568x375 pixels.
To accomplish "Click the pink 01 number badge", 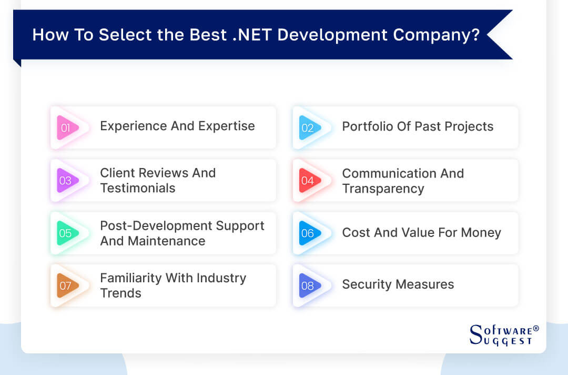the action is [67, 127].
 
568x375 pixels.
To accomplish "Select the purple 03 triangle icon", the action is [67, 180].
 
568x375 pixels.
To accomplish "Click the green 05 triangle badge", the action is [67, 233].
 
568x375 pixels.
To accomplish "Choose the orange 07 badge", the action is [67, 285].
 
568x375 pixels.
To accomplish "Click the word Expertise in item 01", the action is [226, 126].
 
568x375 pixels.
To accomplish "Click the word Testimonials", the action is [138, 188].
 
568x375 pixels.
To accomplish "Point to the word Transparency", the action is [383, 189].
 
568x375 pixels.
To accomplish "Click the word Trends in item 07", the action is [120, 293].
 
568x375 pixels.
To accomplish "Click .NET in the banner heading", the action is [252, 35].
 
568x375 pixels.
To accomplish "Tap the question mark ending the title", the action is [475, 35].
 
